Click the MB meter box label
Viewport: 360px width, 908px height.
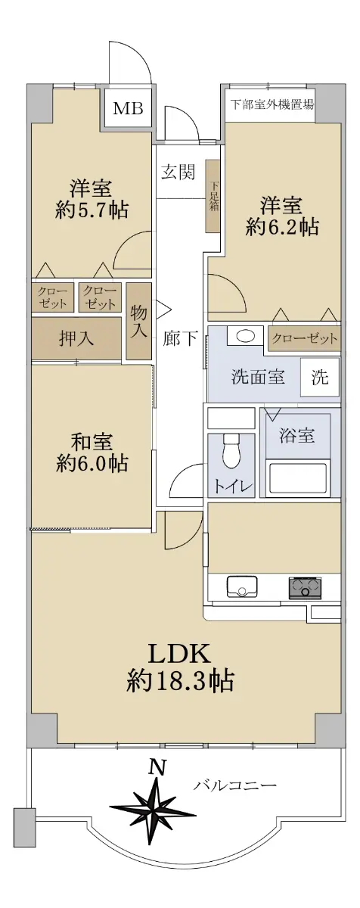[x=128, y=108]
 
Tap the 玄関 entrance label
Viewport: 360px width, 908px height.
[x=178, y=172]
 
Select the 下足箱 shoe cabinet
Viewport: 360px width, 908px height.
[x=213, y=196]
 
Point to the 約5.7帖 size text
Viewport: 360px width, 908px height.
[x=92, y=210]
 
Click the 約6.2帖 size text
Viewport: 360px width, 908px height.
[x=281, y=228]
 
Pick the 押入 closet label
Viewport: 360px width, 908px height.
[x=76, y=338]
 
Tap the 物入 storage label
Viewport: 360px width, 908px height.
[x=138, y=321]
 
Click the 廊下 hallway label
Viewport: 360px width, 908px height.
[x=180, y=338]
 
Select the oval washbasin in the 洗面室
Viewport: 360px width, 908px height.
[x=244, y=336]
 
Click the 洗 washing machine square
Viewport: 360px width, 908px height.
[x=319, y=378]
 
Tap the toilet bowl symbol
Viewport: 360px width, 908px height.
[x=231, y=452]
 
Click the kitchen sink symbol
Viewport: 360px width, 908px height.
[x=242, y=586]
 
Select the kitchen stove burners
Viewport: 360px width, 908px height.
[x=305, y=586]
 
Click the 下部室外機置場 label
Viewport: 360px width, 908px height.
[x=272, y=104]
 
